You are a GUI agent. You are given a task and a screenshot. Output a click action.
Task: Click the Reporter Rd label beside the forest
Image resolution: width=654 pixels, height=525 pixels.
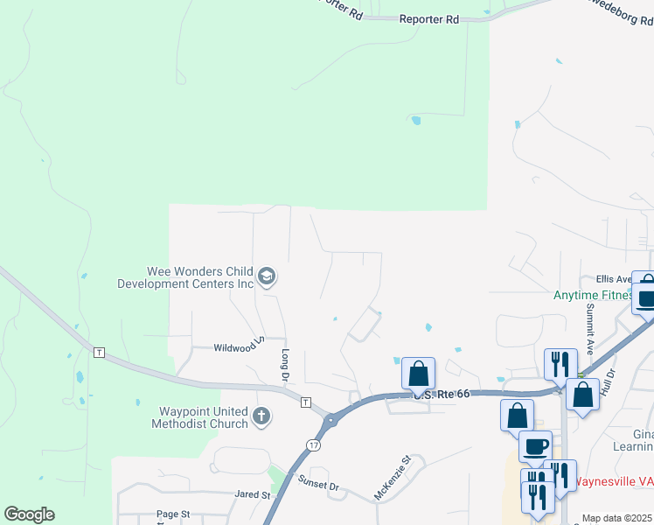428,18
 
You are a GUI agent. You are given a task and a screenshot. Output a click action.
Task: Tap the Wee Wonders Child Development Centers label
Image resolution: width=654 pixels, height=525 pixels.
185,277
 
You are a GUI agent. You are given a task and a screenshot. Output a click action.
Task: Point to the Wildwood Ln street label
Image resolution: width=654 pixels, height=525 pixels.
239,346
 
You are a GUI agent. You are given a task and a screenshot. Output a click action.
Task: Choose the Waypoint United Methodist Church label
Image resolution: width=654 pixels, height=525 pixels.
191,417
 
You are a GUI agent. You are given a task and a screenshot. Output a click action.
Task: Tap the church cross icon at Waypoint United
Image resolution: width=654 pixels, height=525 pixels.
261,418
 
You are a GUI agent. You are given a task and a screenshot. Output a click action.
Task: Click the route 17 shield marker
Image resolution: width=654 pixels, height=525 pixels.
312,444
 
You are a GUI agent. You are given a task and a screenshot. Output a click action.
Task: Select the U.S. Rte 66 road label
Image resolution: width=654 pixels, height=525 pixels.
442,395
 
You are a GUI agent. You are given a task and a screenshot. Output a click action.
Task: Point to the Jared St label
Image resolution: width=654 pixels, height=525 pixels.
252,494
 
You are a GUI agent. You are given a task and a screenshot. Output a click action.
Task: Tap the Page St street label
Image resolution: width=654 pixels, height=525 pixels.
173,514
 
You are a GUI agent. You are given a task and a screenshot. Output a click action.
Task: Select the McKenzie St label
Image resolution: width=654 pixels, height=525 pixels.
393,477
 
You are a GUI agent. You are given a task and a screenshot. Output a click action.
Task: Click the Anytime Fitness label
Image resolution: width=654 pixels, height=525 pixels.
593,295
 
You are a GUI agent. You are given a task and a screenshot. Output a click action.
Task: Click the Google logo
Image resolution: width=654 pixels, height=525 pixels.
30,514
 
